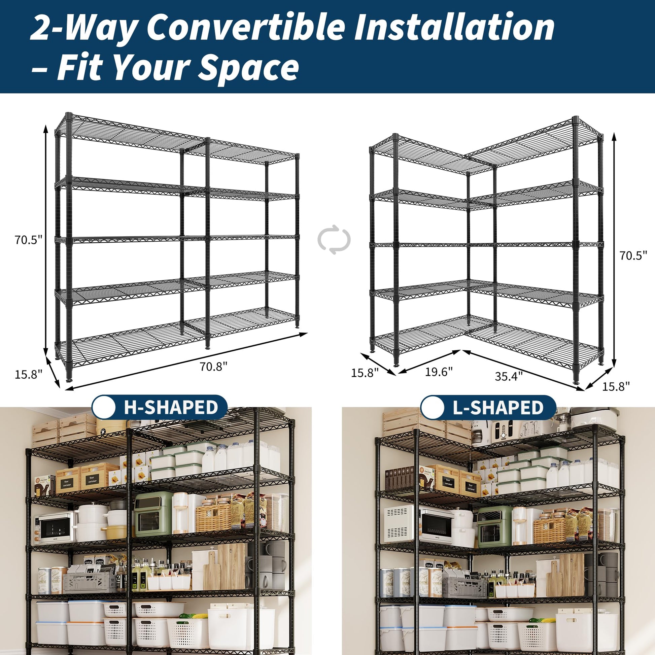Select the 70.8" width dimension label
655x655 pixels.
click(x=213, y=367)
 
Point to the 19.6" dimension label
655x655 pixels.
click(x=439, y=372)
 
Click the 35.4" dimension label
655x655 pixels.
click(x=509, y=376)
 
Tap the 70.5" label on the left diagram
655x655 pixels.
click(x=28, y=240)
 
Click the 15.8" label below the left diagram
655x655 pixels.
click(x=29, y=374)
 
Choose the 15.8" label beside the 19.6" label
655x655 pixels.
click(x=365, y=373)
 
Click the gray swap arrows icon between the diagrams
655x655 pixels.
click(x=334, y=239)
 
